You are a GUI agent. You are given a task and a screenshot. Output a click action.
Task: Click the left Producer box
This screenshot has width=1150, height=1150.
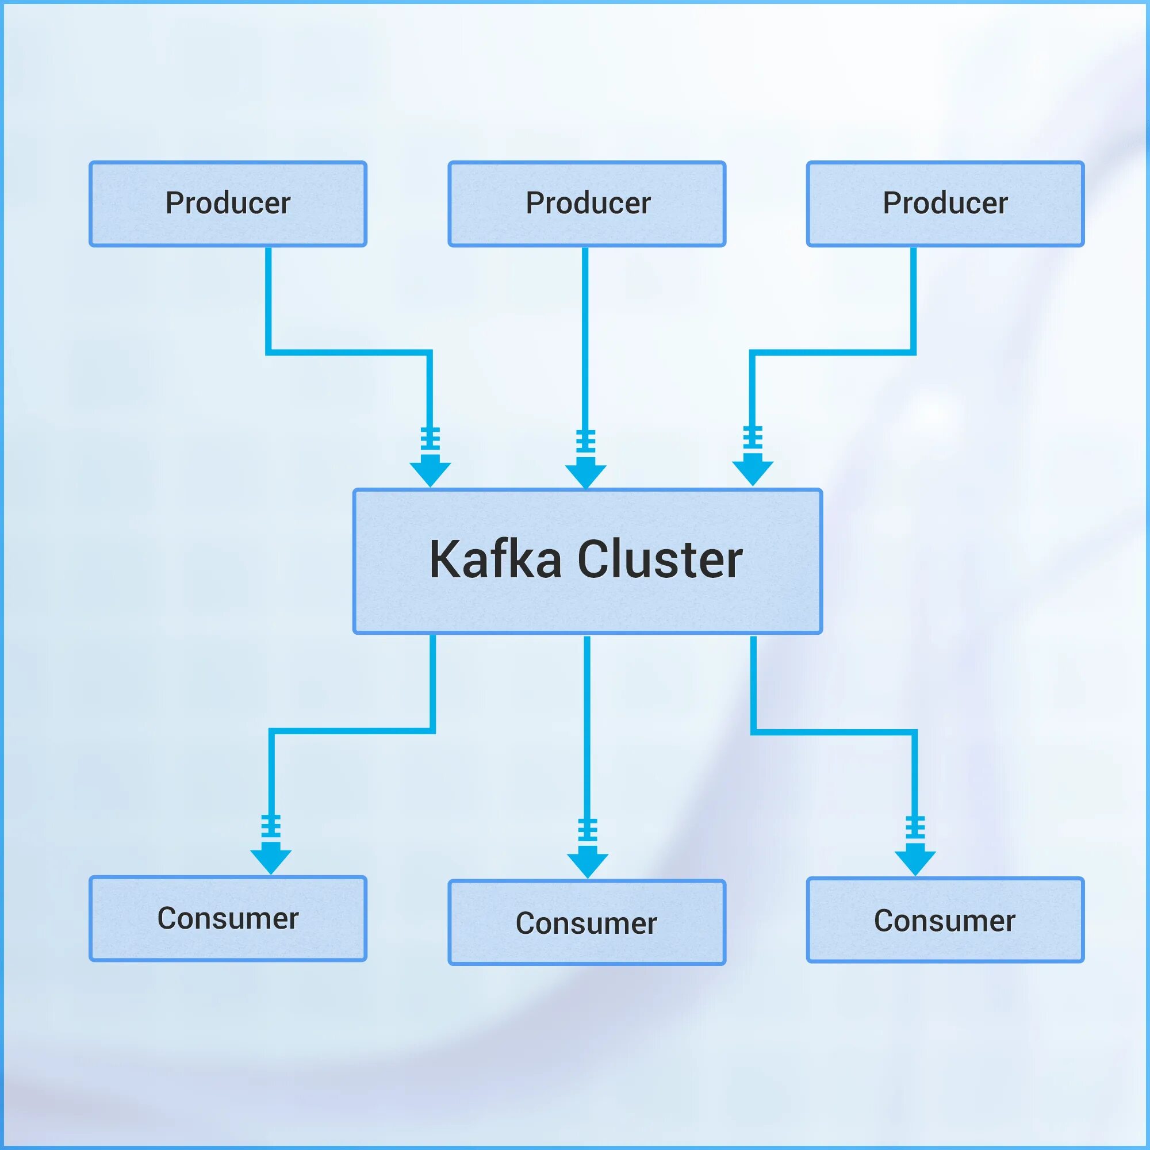coord(228,204)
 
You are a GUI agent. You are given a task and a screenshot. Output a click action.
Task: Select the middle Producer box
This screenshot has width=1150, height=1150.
coord(587,204)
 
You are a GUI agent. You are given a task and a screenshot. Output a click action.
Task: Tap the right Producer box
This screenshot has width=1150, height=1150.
coord(945,204)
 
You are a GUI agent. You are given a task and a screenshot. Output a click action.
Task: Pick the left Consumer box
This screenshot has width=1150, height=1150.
coord(228,918)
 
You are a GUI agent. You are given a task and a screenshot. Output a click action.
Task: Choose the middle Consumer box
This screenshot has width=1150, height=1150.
coord(587,923)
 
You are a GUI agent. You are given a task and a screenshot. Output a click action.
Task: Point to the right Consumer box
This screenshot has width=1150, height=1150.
coord(945,920)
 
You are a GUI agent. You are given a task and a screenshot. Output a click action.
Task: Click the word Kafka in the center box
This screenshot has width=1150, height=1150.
coord(495,559)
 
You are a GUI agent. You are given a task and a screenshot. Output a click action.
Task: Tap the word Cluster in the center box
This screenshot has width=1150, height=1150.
coord(660,559)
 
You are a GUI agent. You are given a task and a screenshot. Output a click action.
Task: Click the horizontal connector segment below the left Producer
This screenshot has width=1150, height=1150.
coord(348,352)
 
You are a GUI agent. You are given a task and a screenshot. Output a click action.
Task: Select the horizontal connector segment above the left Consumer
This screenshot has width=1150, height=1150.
coord(351,731)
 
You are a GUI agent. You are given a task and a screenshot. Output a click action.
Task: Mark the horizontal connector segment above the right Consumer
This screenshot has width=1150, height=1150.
coord(833,731)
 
